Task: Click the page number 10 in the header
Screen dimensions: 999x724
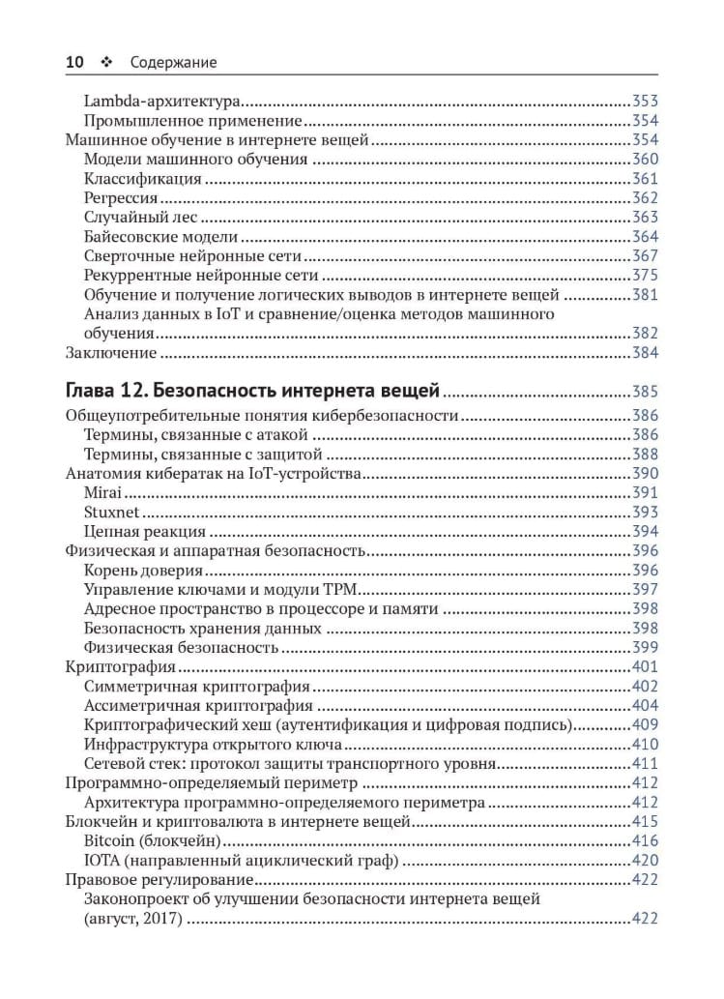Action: [x=74, y=63]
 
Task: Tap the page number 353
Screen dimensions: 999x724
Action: [x=645, y=101]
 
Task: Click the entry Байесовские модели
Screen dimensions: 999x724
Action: [x=160, y=237]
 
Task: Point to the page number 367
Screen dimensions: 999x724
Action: [x=645, y=256]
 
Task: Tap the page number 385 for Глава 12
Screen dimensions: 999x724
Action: [x=645, y=393]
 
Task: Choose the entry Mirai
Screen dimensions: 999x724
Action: [x=102, y=493]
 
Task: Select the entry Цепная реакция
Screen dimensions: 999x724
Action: [x=144, y=532]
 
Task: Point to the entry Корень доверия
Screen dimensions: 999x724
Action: [x=144, y=571]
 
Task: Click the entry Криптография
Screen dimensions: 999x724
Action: [x=119, y=667]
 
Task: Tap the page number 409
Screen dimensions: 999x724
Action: [x=645, y=725]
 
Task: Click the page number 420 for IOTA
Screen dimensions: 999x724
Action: [x=645, y=861]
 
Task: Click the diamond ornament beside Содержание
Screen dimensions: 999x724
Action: [x=106, y=63]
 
